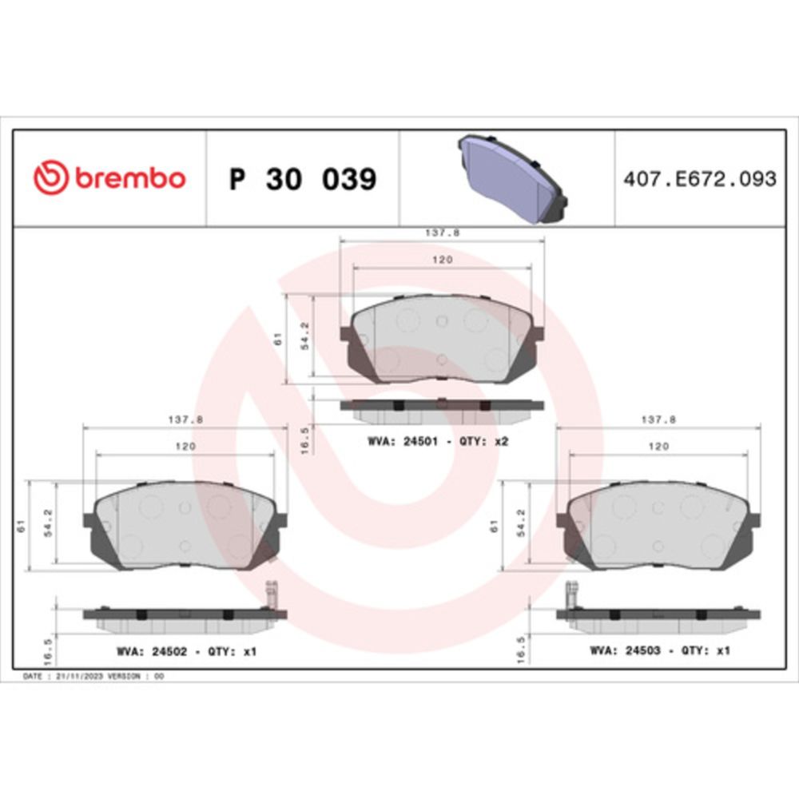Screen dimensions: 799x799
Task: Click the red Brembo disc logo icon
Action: click(50, 178)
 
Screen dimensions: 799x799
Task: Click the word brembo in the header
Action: click(130, 178)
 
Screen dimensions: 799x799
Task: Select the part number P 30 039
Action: click(303, 179)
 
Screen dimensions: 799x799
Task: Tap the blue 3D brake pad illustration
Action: click(513, 179)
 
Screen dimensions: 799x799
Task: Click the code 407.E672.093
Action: click(700, 179)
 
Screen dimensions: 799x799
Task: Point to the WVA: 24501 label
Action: click(403, 441)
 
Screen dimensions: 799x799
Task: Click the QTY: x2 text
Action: click(483, 441)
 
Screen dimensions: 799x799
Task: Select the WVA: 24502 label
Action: click(152, 652)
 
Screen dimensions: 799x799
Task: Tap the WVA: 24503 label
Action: click(626, 650)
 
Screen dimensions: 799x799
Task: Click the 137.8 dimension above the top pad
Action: click(443, 233)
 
